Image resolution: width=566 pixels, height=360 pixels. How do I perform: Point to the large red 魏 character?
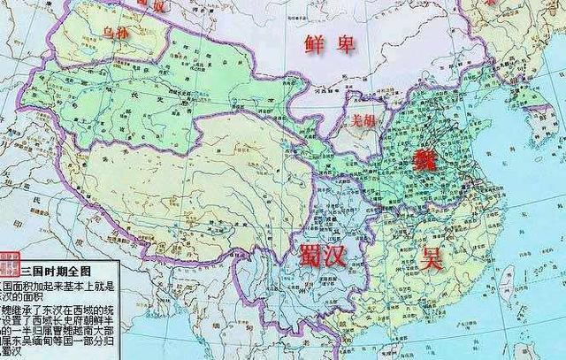(x=424, y=160)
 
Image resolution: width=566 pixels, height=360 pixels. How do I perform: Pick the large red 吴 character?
(x=431, y=257)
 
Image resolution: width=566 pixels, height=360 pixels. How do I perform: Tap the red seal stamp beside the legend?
(x=9, y=262)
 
